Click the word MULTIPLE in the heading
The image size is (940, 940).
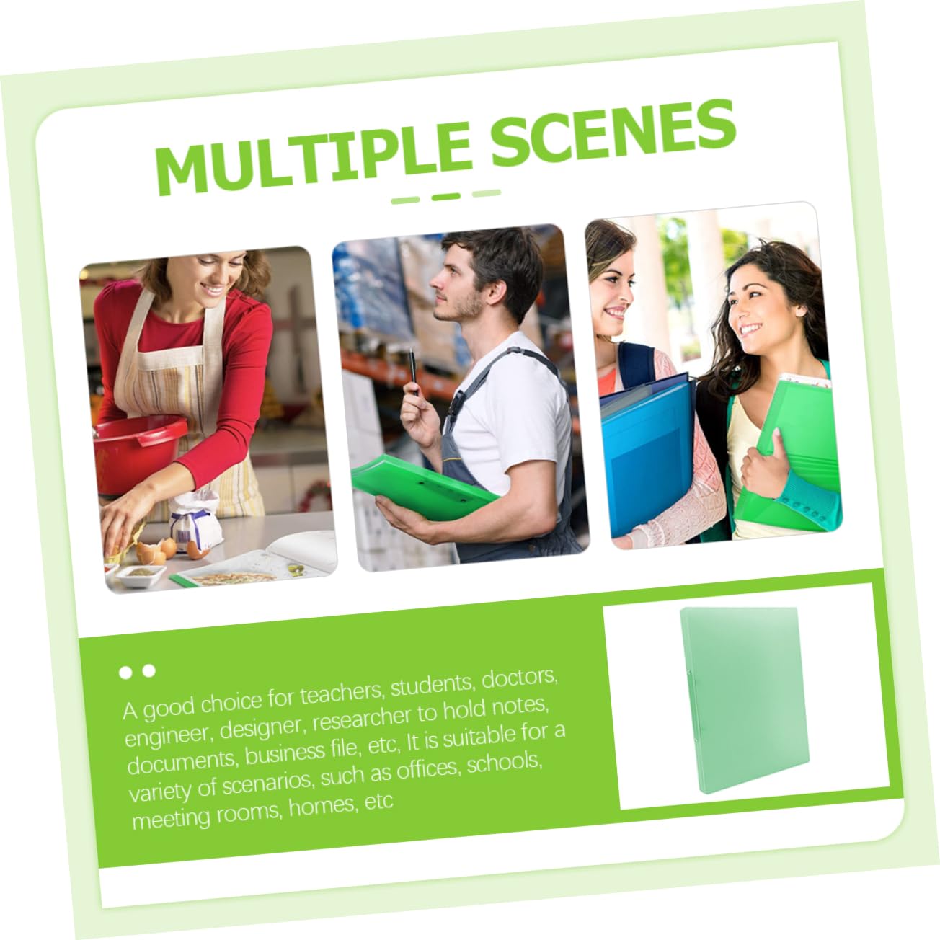point(313,157)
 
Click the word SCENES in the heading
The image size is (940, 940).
point(613,131)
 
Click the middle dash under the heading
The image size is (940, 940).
point(446,197)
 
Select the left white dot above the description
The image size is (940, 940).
point(125,673)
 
